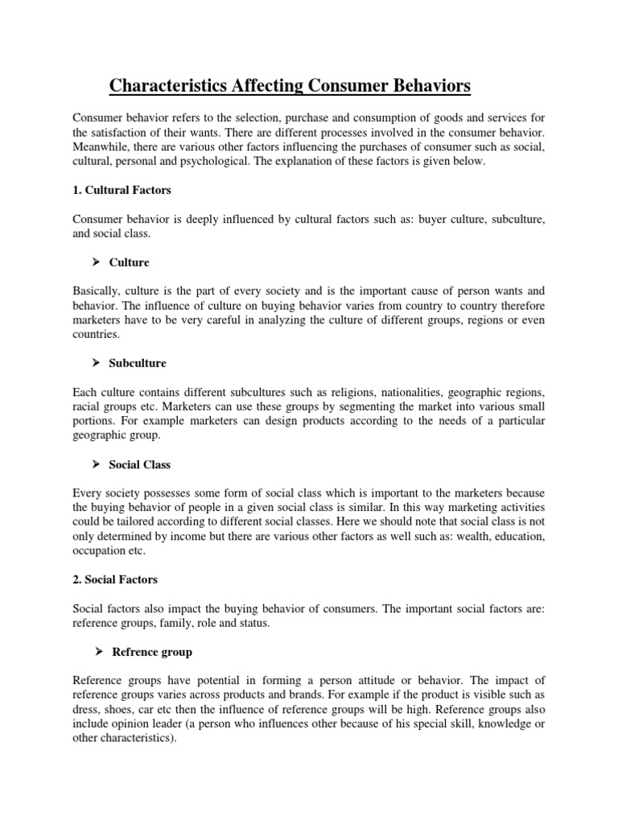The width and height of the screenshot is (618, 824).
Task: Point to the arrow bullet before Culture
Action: [95, 262]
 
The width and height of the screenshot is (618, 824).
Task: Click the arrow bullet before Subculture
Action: [95, 363]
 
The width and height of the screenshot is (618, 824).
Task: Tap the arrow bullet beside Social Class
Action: [95, 464]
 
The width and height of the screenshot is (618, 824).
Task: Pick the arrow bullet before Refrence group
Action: [95, 652]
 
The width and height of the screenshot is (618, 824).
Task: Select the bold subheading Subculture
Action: [138, 363]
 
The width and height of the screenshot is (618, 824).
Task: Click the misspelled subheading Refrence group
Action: [150, 652]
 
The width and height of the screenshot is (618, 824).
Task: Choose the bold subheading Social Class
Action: [140, 464]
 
